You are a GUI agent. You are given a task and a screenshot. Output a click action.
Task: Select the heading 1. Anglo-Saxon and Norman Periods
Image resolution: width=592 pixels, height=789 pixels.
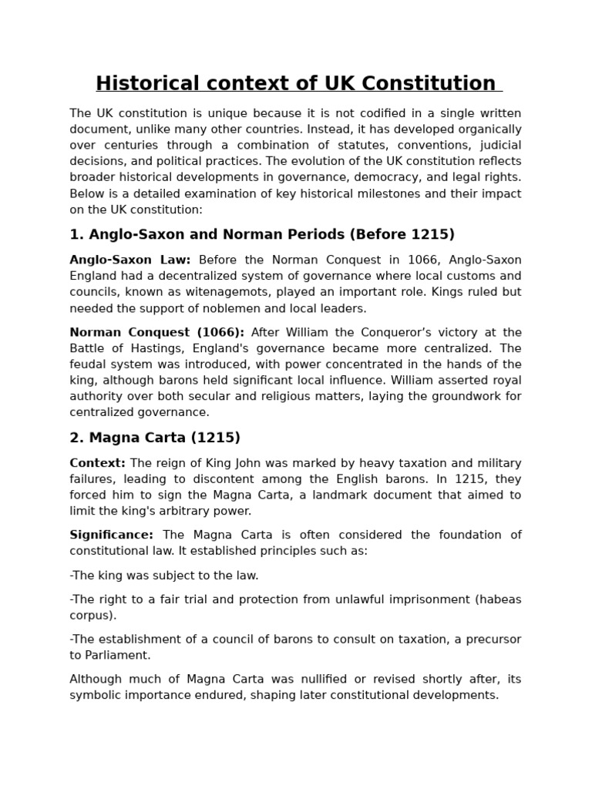click(x=262, y=234)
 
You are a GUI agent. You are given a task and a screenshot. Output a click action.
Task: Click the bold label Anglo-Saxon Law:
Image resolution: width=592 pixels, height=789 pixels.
click(x=129, y=260)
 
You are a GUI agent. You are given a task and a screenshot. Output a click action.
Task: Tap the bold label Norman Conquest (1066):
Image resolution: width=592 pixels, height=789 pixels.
click(x=156, y=333)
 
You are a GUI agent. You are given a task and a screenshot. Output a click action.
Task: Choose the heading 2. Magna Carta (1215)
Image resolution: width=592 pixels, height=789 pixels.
click(x=155, y=438)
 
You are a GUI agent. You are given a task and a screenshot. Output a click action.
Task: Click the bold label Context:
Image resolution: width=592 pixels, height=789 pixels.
click(x=97, y=463)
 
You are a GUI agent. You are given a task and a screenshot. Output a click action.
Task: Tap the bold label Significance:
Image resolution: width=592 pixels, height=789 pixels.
click(x=111, y=535)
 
